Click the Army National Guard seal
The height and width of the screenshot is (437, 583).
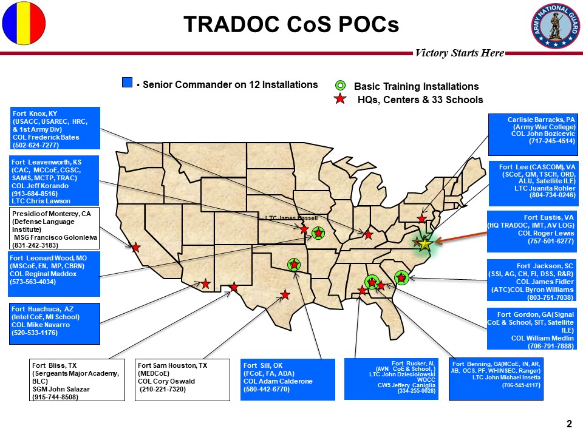coord(556,25)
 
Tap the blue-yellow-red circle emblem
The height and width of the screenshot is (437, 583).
coord(24,24)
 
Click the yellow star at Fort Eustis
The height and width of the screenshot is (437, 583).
coord(425,244)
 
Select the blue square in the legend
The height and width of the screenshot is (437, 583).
coord(127,83)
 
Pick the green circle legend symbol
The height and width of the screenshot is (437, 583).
coord(340,86)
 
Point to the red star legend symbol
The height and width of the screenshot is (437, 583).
coord(340,99)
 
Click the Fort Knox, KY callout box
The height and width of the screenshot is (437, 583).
coord(55,128)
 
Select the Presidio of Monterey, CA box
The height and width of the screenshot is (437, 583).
coord(54,228)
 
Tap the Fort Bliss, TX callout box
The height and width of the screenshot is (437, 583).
coord(77,380)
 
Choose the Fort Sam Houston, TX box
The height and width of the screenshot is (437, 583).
coord(182,380)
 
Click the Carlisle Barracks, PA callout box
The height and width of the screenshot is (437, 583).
coord(533,135)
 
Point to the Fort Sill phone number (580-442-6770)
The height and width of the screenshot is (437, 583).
coord(266,390)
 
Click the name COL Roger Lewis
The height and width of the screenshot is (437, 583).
coord(546,233)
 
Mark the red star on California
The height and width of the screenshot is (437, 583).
coord(135,247)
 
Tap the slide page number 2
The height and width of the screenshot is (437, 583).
coord(569,424)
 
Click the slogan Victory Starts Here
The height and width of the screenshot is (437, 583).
coord(460,53)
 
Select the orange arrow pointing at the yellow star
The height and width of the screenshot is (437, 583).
coord(461,237)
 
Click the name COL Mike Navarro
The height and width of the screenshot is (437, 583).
coord(41,325)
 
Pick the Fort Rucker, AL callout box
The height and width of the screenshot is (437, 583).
coord(391,379)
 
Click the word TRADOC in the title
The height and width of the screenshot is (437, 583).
coord(231,24)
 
